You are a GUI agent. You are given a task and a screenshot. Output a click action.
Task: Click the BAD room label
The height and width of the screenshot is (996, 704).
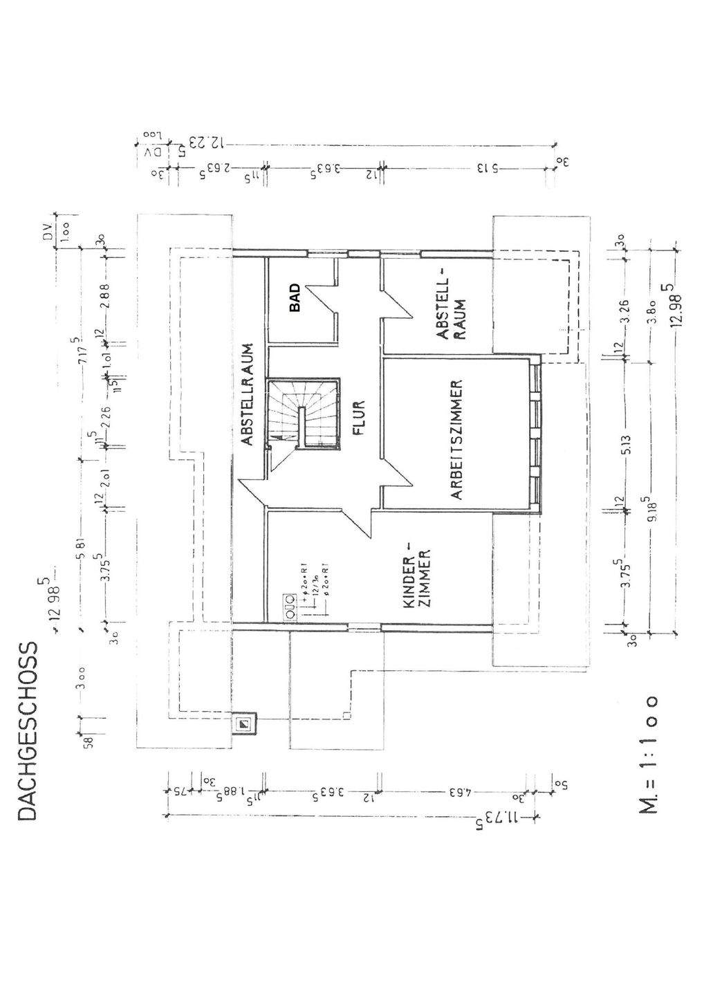(x=295, y=298)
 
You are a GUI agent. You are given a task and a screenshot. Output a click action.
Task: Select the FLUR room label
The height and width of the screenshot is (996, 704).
(x=358, y=418)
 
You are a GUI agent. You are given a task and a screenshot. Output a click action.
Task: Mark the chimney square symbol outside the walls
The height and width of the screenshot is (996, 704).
(x=243, y=724)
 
